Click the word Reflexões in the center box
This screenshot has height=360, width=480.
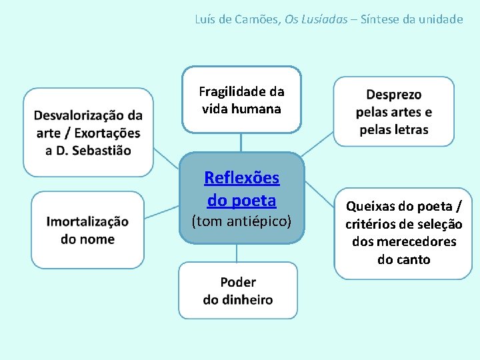[241, 178]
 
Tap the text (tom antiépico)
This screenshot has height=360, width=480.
[241, 221]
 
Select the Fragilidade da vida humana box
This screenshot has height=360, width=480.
[241, 99]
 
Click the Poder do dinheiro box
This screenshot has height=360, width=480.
[238, 290]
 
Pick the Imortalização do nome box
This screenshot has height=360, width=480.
[87, 230]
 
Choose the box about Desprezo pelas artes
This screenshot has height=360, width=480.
[393, 111]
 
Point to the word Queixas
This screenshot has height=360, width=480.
[370, 207]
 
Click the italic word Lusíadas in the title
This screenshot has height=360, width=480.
[325, 19]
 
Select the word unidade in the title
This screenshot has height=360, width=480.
[439, 19]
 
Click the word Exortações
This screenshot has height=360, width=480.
[108, 133]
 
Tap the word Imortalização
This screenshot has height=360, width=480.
[87, 221]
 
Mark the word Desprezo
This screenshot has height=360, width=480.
[393, 95]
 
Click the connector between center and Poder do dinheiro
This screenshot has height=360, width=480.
[237, 253]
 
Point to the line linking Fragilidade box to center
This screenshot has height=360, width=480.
[241, 143]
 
